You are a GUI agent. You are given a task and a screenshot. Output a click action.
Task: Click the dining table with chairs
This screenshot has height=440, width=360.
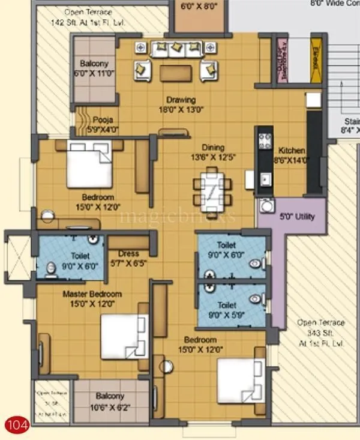(213, 187)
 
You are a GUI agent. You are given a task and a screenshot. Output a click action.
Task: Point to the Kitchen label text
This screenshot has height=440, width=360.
(291, 155)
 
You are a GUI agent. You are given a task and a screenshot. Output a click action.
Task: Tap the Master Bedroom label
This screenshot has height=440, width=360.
(93, 298)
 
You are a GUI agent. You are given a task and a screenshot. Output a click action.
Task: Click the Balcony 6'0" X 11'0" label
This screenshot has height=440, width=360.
(94, 68)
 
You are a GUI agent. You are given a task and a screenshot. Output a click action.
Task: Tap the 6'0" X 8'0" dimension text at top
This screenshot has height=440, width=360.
(199, 7)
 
